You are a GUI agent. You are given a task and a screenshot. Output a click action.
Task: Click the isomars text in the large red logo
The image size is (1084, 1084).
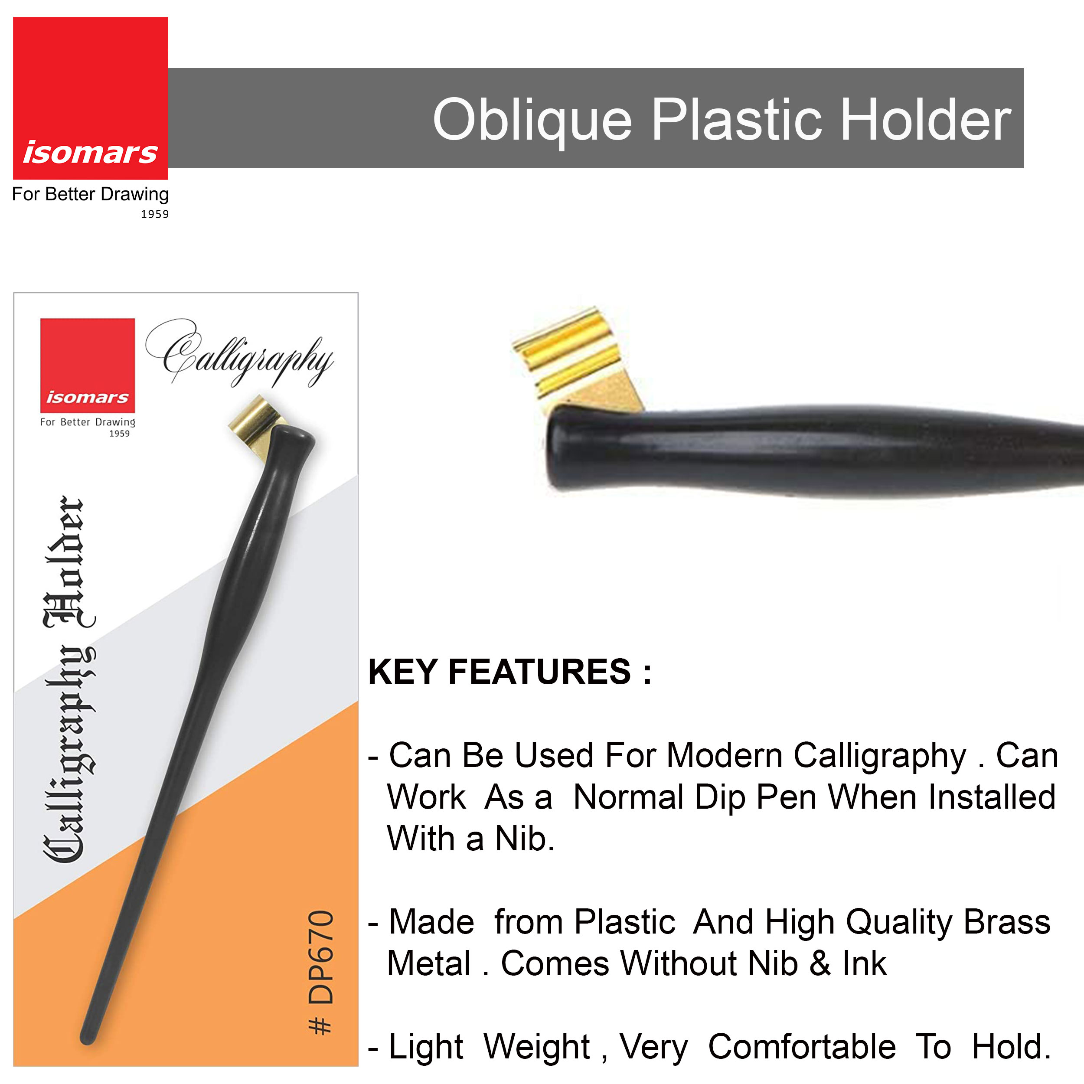90,153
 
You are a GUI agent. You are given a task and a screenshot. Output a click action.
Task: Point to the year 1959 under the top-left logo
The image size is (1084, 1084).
155,214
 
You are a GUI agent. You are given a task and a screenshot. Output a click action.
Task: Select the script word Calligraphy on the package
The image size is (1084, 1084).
240,353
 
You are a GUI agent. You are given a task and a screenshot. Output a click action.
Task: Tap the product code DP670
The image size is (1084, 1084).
321,957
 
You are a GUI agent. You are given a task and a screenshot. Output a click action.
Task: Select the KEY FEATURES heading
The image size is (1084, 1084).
509,672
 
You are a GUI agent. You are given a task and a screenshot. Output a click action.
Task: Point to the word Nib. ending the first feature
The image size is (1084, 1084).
525,839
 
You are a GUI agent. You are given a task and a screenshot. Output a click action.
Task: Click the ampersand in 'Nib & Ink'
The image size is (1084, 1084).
820,964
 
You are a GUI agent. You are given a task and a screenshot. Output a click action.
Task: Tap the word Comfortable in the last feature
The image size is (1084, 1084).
802,1047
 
